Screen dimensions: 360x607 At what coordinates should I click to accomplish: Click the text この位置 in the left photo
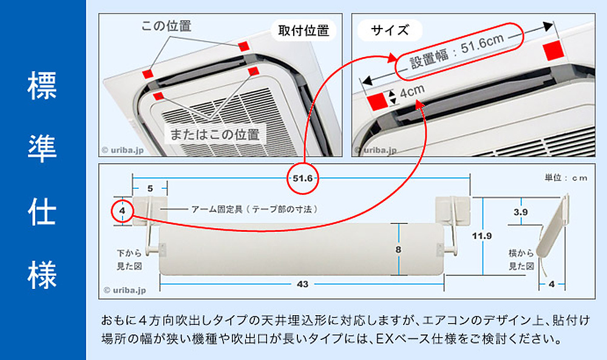166,26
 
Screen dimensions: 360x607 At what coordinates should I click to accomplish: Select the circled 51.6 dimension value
302,178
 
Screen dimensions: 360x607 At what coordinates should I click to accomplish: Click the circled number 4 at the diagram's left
122,211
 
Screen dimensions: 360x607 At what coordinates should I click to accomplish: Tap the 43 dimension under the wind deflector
302,283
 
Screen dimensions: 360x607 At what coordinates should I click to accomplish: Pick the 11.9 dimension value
484,236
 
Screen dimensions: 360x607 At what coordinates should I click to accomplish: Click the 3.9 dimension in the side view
520,212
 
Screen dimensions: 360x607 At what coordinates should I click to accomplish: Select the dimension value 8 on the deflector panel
398,250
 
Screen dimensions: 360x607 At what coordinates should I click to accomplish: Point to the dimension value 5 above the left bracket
149,188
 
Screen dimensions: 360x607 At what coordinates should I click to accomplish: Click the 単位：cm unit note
566,178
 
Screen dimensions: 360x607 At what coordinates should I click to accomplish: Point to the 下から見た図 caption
129,259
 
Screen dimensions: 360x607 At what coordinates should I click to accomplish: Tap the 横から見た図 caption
521,259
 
